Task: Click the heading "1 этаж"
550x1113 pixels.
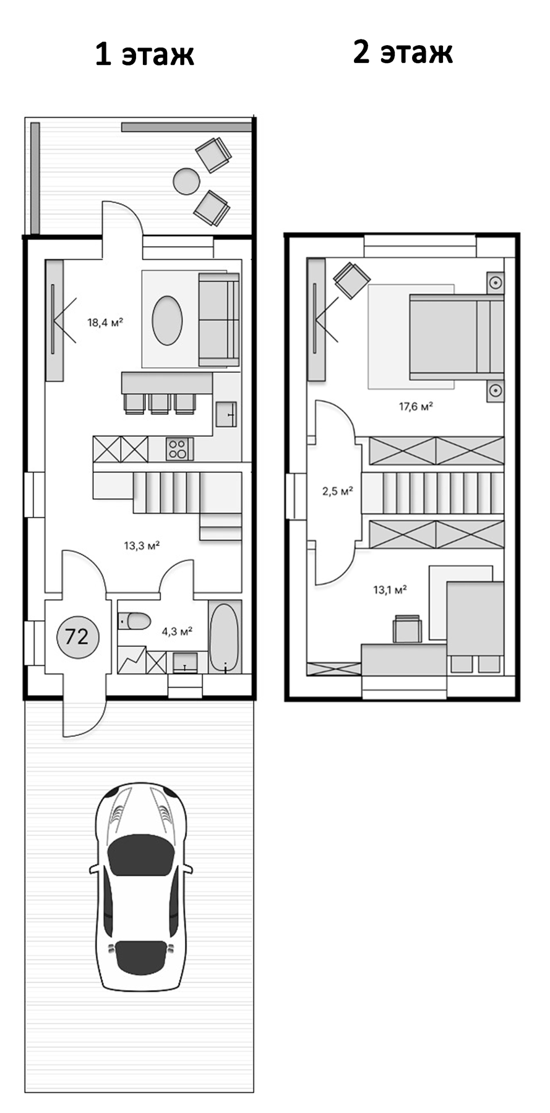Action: (x=145, y=54)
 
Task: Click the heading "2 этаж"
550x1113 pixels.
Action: (x=403, y=53)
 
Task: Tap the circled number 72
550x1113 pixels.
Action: (x=77, y=636)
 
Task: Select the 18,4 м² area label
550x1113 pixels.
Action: (x=105, y=322)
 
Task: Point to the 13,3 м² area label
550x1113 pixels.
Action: (x=142, y=545)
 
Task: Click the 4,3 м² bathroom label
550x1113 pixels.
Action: (x=177, y=631)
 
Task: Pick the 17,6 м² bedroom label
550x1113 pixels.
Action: (x=415, y=406)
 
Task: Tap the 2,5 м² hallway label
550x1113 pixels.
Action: (x=337, y=492)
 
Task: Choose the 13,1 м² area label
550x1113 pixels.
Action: (x=390, y=589)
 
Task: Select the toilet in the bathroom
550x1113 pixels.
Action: (x=134, y=621)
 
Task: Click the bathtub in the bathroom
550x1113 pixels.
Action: (x=224, y=637)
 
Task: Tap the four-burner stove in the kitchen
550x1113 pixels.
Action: (x=179, y=449)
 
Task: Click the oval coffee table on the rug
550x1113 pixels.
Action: (x=168, y=320)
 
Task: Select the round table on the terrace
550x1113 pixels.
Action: (x=186, y=182)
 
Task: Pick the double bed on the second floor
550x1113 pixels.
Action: (x=457, y=336)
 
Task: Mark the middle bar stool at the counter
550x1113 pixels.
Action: (x=160, y=403)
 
